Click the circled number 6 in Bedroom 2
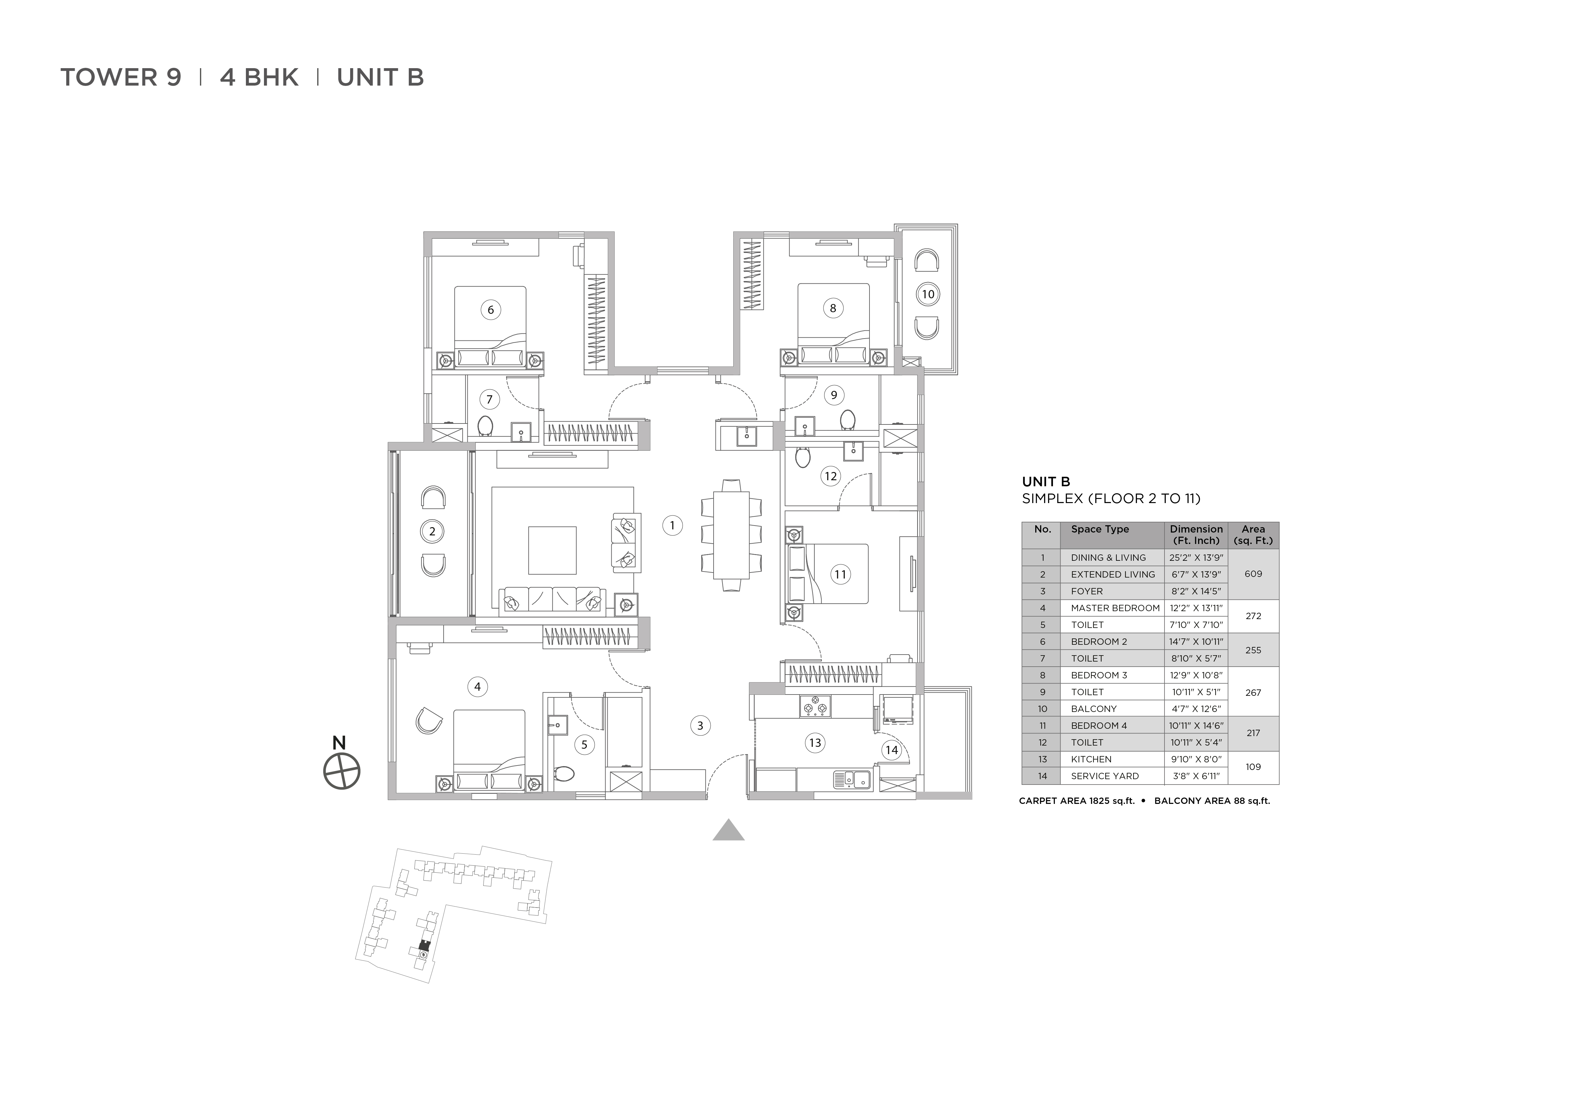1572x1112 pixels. [490, 309]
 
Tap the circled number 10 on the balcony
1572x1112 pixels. [928, 294]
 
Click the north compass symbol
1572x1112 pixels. [342, 772]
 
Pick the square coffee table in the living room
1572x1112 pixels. [552, 550]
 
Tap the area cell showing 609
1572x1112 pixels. [1253, 574]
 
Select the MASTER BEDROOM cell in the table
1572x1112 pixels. [1115, 608]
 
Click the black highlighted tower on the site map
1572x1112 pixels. [423, 946]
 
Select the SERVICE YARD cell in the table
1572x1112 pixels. [1104, 776]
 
